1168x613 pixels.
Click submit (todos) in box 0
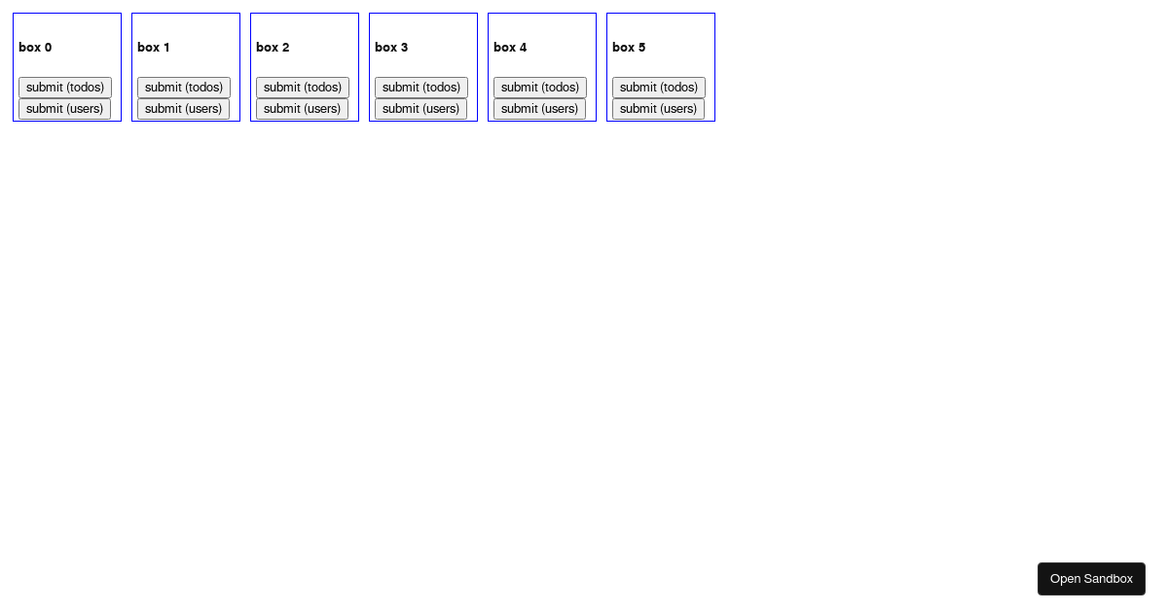pyautogui.click(x=65, y=88)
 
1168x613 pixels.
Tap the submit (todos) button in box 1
pyautogui.click(x=184, y=88)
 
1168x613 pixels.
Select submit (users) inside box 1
pyautogui.click(x=184, y=109)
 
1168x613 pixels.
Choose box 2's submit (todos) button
pyautogui.click(x=303, y=88)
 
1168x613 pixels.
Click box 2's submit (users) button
pyautogui.click(x=303, y=109)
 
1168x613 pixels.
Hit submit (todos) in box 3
pyautogui.click(x=421, y=88)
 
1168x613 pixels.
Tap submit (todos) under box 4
pyautogui.click(x=540, y=88)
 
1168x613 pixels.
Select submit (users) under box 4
pyautogui.click(x=539, y=109)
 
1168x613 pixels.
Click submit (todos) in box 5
pyautogui.click(x=659, y=88)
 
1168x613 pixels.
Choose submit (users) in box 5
pyautogui.click(x=659, y=109)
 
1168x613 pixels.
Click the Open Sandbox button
pyautogui.click(x=1091, y=579)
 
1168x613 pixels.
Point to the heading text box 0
pyautogui.click(x=35, y=48)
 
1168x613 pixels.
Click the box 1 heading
pyautogui.click(x=154, y=48)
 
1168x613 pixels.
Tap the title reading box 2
pyautogui.click(x=273, y=48)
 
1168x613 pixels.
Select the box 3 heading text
pyautogui.click(x=391, y=48)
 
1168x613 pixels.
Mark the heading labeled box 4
pyautogui.click(x=510, y=48)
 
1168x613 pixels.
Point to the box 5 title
pyautogui.click(x=629, y=48)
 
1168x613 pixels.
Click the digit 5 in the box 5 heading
pyautogui.click(x=641, y=48)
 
